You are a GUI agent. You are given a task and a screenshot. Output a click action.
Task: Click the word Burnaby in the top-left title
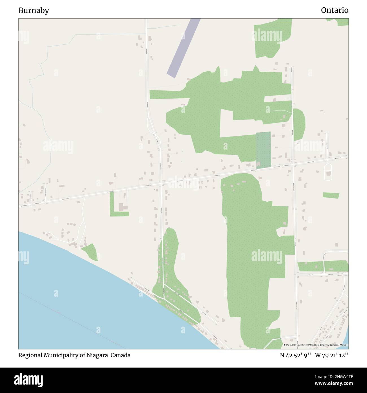(34, 10)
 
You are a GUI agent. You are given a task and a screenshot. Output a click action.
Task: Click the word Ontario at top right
(335, 10)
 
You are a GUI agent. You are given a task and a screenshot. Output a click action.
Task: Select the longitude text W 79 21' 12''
(332, 355)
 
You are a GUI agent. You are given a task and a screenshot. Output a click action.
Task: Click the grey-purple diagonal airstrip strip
(183, 48)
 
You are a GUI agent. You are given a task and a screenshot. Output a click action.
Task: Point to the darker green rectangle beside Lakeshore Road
(263, 150)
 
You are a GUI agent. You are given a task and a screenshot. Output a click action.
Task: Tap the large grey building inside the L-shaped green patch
(123, 207)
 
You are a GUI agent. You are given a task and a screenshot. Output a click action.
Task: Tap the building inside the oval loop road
(328, 173)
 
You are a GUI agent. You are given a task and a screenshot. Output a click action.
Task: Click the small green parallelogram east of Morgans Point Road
(331, 195)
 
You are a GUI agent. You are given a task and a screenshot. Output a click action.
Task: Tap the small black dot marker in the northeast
(324, 113)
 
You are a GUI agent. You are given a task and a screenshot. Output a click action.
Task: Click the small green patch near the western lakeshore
(90, 251)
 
